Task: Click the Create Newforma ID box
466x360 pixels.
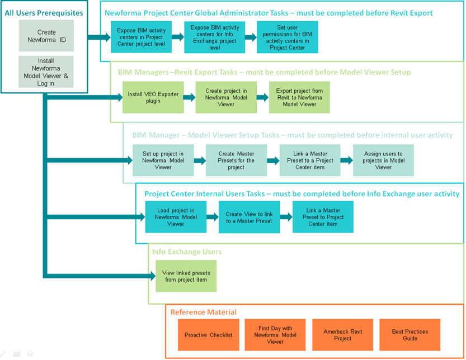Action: coord(46,36)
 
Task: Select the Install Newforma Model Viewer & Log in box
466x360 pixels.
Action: coord(46,72)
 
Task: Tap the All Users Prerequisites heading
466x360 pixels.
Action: coord(44,12)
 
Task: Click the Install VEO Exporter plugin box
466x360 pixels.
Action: coord(145,97)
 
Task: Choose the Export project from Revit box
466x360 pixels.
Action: coord(299,97)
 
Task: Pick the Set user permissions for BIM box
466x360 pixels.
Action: coord(288,37)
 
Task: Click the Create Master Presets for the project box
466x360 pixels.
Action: coord(236,160)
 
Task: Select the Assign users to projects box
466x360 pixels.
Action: coord(383,160)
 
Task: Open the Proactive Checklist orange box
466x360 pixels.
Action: coord(208,335)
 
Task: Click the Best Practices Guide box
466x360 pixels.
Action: coord(409,335)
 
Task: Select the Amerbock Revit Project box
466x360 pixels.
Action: coord(342,335)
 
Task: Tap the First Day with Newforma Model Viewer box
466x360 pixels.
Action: coord(275,335)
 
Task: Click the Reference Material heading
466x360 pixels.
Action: coord(203,312)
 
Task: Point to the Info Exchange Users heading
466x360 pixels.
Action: coord(186,252)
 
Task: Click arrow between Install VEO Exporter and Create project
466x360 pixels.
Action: coord(189,97)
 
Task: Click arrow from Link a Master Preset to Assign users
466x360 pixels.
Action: coord(346,160)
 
